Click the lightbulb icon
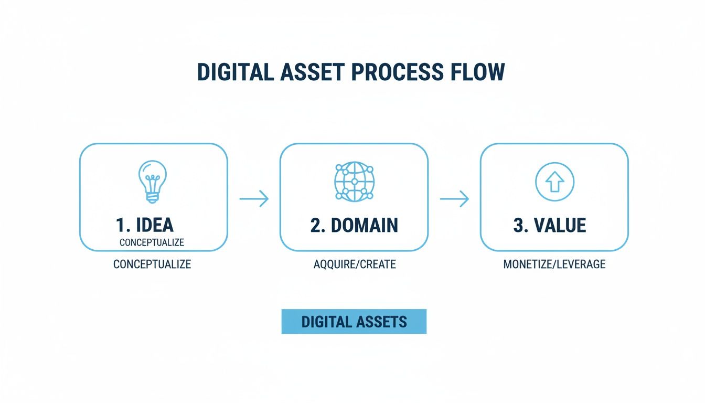coord(153,181)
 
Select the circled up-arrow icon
coord(554,183)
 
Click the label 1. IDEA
coord(144,225)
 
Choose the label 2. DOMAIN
coord(354,225)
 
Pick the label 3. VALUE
coord(549,225)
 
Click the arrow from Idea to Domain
coord(254,199)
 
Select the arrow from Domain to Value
coord(454,199)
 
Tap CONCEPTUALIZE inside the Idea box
coord(152,243)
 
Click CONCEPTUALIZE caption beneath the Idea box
coord(152,264)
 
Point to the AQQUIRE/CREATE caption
coord(355,264)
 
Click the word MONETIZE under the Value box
coord(527,264)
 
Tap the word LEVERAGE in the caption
coord(581,264)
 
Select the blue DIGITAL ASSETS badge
coord(354,322)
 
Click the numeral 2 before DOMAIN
coord(315,225)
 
